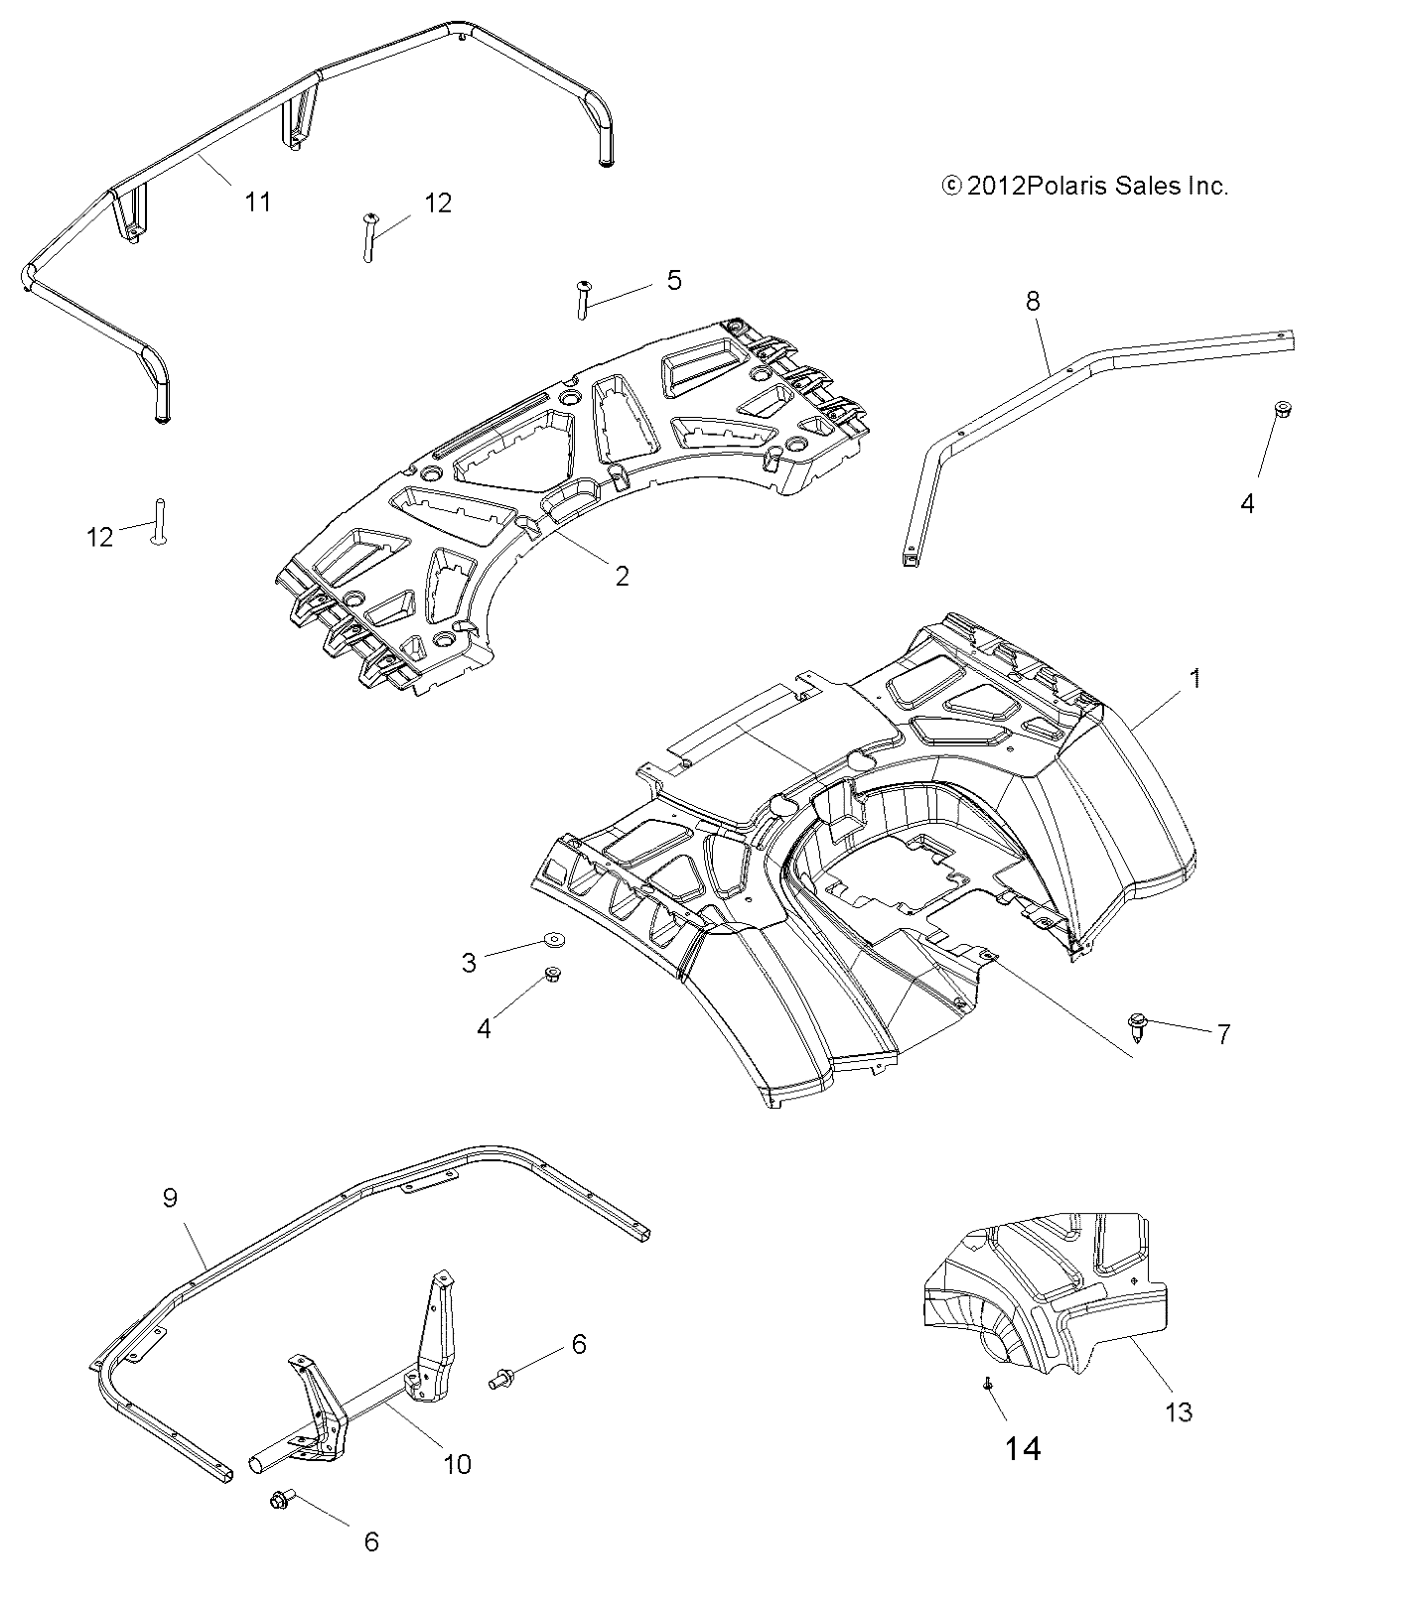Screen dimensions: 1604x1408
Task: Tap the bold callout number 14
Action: [1022, 1449]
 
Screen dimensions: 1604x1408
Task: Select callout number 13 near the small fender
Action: [1178, 1411]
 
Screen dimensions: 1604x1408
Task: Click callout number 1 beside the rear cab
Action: [1196, 678]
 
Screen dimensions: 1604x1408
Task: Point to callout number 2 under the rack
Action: [622, 576]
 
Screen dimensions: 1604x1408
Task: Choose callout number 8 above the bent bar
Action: [1033, 301]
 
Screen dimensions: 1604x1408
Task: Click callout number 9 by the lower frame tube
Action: [170, 1198]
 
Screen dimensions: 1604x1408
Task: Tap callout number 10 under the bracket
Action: [457, 1463]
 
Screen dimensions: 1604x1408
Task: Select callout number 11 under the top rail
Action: [257, 202]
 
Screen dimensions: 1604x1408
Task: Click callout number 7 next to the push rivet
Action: [1223, 1034]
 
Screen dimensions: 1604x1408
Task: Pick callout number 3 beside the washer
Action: [469, 962]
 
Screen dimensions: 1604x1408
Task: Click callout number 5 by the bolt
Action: [674, 280]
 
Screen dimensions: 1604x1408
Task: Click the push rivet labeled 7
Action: [1137, 1023]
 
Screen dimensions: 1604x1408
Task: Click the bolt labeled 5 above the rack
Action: [583, 299]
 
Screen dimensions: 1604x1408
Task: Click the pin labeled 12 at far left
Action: [157, 520]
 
